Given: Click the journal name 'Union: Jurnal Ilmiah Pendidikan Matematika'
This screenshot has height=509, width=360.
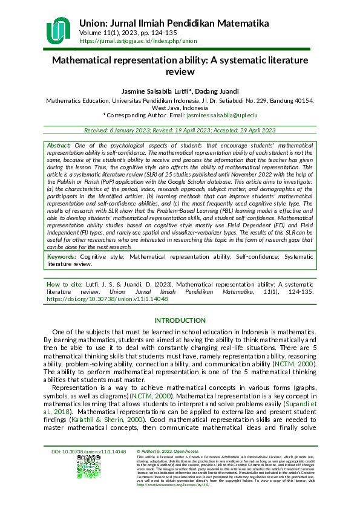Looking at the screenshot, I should (x=174, y=23).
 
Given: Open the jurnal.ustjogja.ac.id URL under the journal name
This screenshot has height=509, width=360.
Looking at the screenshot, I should (x=138, y=41).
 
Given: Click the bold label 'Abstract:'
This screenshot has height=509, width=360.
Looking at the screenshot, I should (x=59, y=146).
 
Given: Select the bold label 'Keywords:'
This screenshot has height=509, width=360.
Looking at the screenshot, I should (x=62, y=257).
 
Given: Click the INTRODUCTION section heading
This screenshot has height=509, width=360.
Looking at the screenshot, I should (x=180, y=320).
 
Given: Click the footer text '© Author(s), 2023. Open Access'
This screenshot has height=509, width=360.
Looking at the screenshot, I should (x=167, y=468).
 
